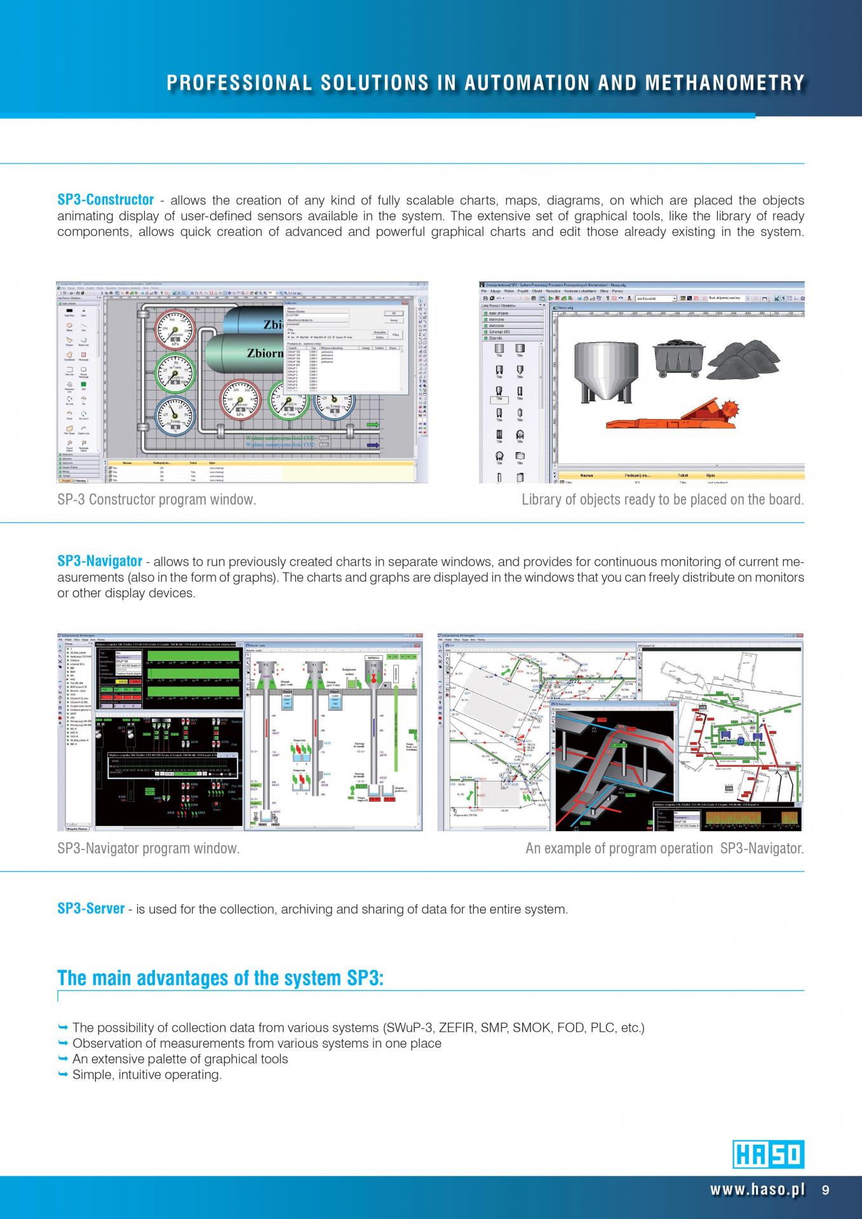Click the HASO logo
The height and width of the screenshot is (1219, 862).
[x=769, y=1154]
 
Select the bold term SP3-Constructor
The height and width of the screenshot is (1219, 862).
[x=105, y=200]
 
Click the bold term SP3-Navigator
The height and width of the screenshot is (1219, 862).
[x=100, y=561]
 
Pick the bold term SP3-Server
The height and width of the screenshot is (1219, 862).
[x=91, y=909]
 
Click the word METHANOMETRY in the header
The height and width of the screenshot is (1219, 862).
[x=725, y=83]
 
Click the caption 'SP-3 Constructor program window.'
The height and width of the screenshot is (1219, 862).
[x=157, y=500]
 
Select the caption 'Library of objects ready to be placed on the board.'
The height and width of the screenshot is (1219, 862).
[x=663, y=500]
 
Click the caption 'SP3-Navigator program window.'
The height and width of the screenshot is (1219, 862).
[x=149, y=848]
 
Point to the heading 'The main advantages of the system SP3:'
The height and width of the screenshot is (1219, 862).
[x=220, y=978]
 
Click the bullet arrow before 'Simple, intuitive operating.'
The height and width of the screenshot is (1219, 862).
[x=62, y=1075]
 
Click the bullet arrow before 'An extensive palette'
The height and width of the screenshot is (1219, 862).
[x=62, y=1059]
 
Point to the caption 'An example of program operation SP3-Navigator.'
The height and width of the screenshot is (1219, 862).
[x=664, y=848]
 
